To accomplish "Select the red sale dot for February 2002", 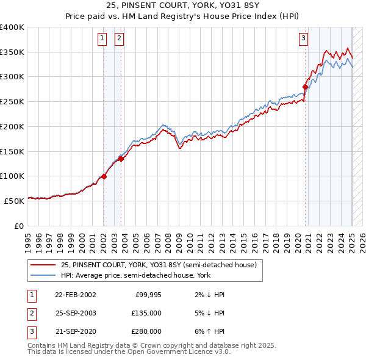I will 104,176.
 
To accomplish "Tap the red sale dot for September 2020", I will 305,87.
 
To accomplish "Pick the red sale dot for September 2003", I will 121,159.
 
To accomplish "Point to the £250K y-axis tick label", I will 12,102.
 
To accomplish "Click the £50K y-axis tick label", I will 14,200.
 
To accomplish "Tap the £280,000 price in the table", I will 146,331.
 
